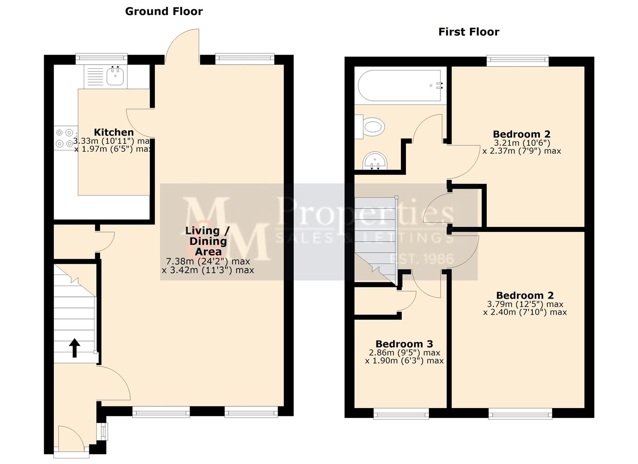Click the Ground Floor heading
tap(164, 12)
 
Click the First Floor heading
tap(468, 32)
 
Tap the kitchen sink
tap(115, 76)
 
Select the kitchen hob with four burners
tap(65, 138)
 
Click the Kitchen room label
tap(114, 132)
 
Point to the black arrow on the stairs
tap(75, 348)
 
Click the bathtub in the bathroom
tap(400, 85)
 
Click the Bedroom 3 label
tap(404, 344)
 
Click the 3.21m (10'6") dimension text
tap(522, 143)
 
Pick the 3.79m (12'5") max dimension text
tap(525, 304)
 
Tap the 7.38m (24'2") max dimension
tap(208, 261)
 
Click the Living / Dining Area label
tap(208, 241)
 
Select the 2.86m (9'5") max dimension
tap(404, 353)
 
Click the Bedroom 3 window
tap(401, 414)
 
